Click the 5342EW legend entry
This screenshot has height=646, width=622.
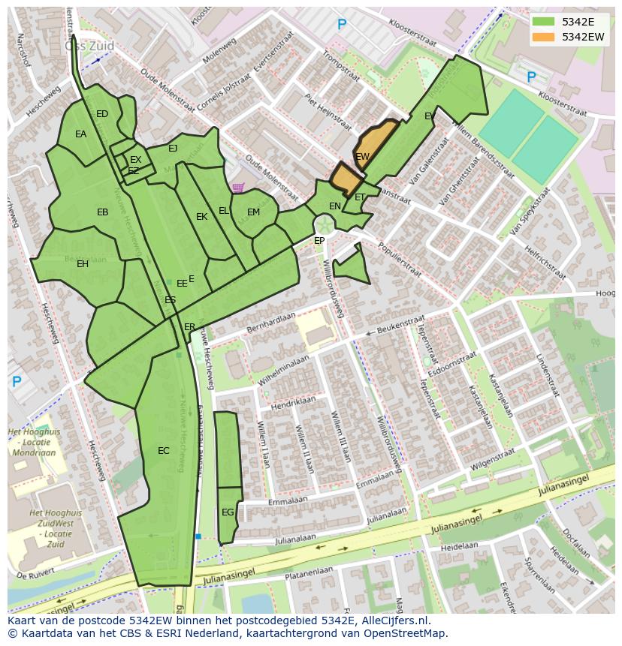click(x=582, y=37)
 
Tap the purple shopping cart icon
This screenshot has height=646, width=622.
click(x=238, y=188)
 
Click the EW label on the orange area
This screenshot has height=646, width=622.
click(x=363, y=157)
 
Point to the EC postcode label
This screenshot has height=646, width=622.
click(x=163, y=451)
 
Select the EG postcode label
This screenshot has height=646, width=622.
click(x=228, y=512)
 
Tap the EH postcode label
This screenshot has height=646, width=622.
click(x=83, y=264)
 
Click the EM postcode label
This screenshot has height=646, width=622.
click(x=254, y=212)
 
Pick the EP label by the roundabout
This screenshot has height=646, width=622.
click(x=319, y=241)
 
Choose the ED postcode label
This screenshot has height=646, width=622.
click(x=102, y=114)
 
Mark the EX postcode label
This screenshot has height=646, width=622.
click(x=135, y=160)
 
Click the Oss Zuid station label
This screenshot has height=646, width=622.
click(x=89, y=46)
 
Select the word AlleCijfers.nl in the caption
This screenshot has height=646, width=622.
click(x=393, y=620)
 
